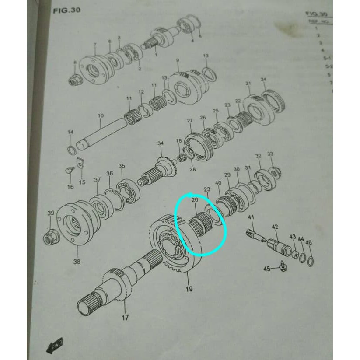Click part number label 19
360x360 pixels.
[x=189, y=289]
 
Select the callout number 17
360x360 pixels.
[x=126, y=317]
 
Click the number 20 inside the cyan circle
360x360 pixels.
[x=195, y=200]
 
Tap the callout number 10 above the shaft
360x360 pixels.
[x=101, y=116]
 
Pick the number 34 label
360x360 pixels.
[x=161, y=143]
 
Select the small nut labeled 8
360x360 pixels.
[x=75, y=80]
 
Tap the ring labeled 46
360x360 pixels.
[x=310, y=262]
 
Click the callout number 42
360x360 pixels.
[x=275, y=227]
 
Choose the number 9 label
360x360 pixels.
[x=178, y=60]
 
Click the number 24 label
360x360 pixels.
[x=263, y=79]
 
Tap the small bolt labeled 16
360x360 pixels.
[x=67, y=170]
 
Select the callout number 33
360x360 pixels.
[x=270, y=154]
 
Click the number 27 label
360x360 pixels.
[x=189, y=121]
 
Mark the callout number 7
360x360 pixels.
[x=94, y=45]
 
